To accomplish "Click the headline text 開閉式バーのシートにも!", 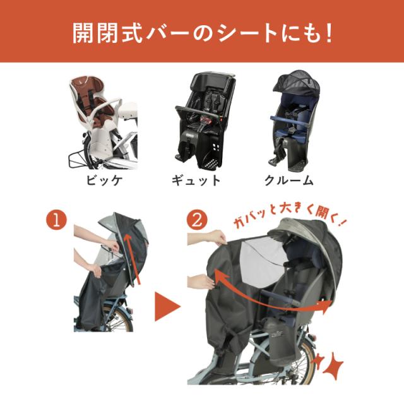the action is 202,32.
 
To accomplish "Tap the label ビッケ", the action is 104,181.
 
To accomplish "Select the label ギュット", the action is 196,181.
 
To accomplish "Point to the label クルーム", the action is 289,181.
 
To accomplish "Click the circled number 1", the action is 56,221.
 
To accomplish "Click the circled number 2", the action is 197,221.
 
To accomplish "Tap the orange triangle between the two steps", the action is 167,307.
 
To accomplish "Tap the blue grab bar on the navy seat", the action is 288,121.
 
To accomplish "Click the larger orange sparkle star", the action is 332,365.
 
